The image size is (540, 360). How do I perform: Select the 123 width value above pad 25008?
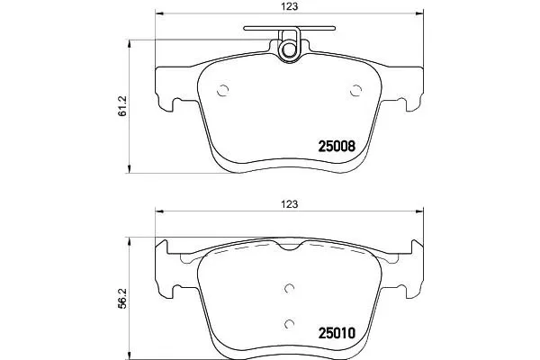(x=289, y=6)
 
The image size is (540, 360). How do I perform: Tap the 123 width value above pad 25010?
(x=289, y=204)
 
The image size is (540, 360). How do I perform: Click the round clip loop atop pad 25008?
(x=289, y=49)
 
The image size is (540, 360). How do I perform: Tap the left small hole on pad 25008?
(x=224, y=89)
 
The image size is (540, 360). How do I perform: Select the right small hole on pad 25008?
(x=355, y=89)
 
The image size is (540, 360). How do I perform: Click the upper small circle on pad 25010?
(x=289, y=289)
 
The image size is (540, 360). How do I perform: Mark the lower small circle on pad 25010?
(x=289, y=324)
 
